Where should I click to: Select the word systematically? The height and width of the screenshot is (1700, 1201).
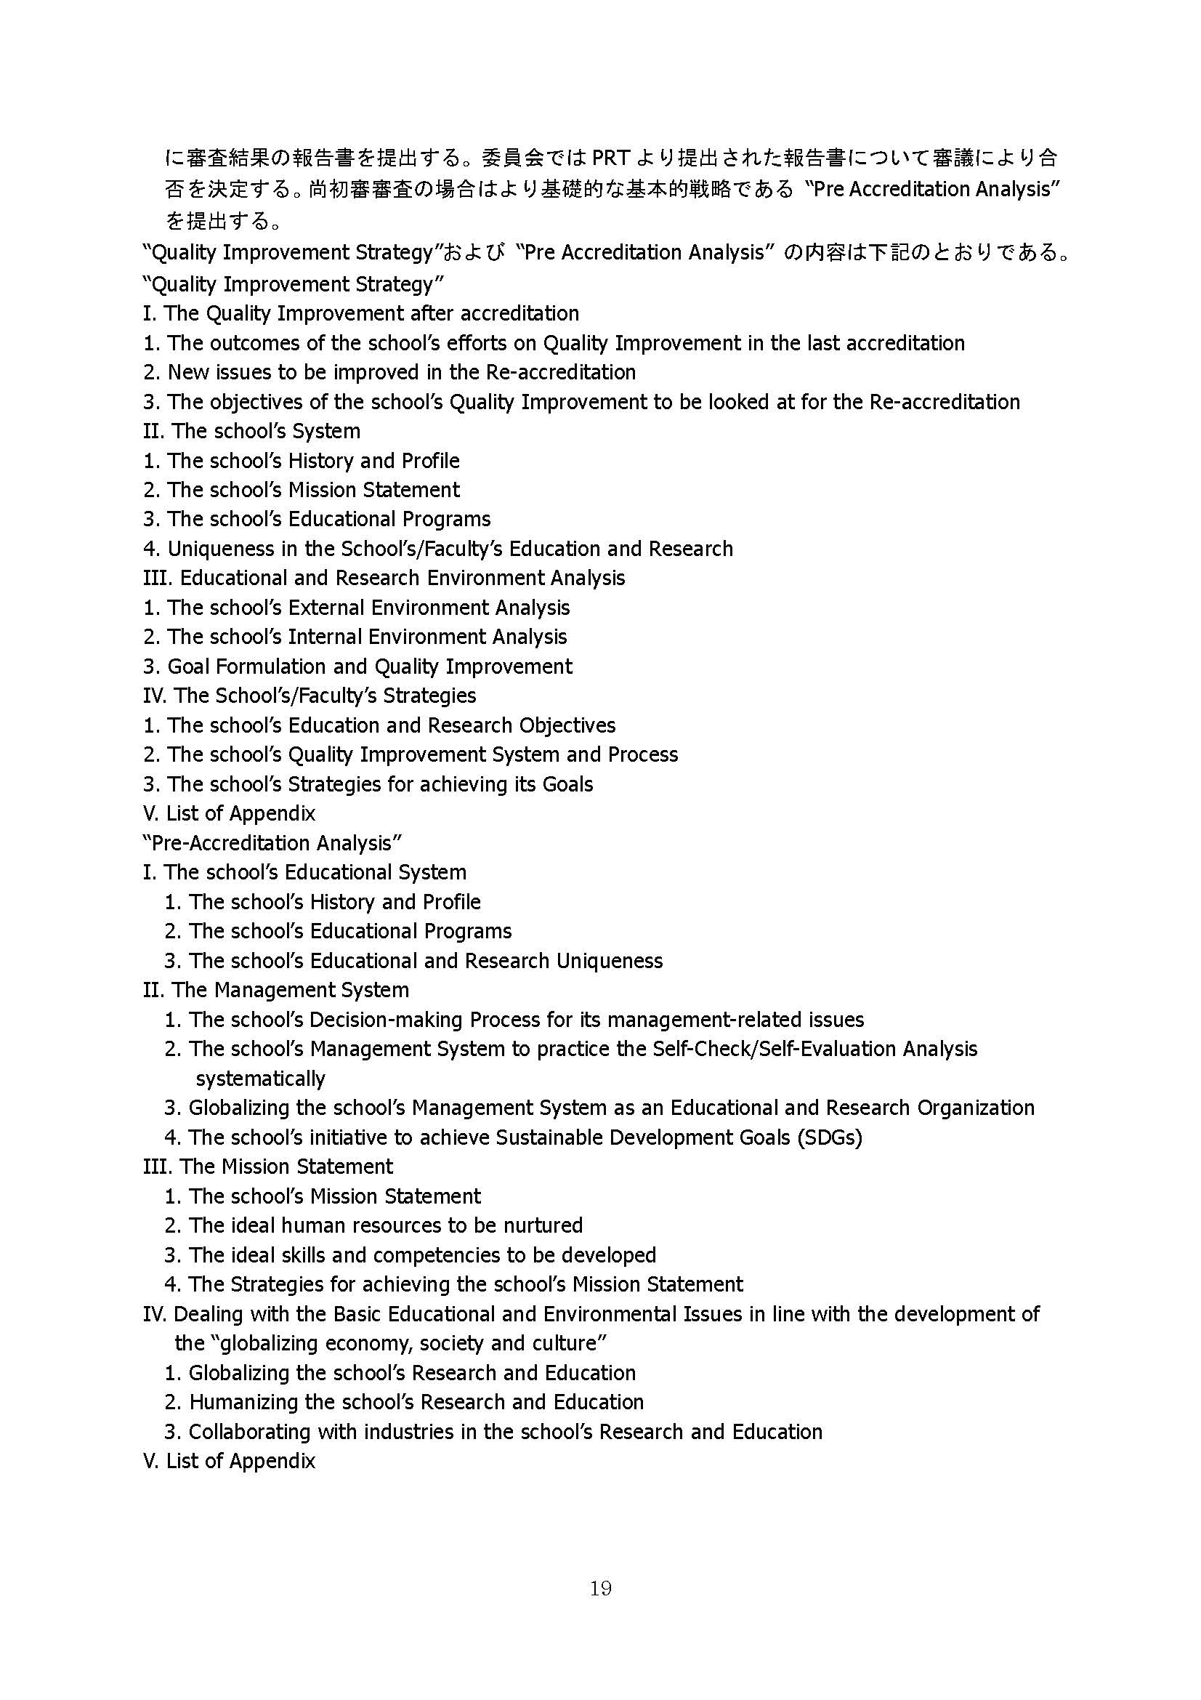pyautogui.click(x=261, y=1079)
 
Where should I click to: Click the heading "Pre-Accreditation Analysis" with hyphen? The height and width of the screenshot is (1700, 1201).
pyautogui.click(x=272, y=842)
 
